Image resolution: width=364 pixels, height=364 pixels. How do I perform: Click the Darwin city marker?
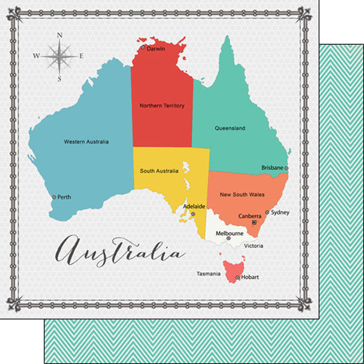tap(143, 47)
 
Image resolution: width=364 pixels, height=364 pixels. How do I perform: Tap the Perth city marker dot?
tap(54, 197)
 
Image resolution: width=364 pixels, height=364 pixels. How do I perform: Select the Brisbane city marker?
tap(287, 168)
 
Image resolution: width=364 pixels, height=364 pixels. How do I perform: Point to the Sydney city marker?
tap(267, 213)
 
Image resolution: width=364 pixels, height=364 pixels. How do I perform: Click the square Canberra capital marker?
tap(255, 223)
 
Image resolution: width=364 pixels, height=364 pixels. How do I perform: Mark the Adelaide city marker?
tap(193, 214)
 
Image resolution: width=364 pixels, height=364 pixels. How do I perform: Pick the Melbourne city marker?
tap(229, 239)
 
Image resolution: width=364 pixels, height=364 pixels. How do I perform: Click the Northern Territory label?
tap(161, 106)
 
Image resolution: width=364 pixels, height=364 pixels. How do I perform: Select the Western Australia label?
tap(86, 141)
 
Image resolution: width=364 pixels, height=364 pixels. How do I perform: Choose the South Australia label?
tap(159, 171)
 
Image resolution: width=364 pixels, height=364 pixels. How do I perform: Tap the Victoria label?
tap(253, 246)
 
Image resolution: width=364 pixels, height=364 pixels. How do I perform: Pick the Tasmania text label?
tap(207, 274)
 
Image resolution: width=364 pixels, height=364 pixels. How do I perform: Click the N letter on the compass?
tap(59, 36)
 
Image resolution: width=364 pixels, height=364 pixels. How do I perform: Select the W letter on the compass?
tap(36, 56)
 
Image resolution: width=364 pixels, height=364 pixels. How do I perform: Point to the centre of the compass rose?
tap(59, 56)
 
